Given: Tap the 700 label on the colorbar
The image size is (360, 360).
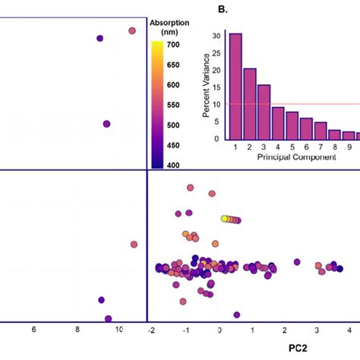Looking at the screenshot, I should tap(174, 45).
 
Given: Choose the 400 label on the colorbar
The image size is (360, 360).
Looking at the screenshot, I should tap(174, 165).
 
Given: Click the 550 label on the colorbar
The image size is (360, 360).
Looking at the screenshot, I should tap(174, 105).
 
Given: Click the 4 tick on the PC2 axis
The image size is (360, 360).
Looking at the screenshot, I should tap(349, 331).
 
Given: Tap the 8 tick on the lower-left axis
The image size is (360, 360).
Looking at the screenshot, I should tap(77, 331).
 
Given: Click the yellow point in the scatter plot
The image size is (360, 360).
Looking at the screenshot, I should tap(225, 219).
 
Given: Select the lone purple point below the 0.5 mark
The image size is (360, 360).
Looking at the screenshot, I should tap(237, 314).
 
